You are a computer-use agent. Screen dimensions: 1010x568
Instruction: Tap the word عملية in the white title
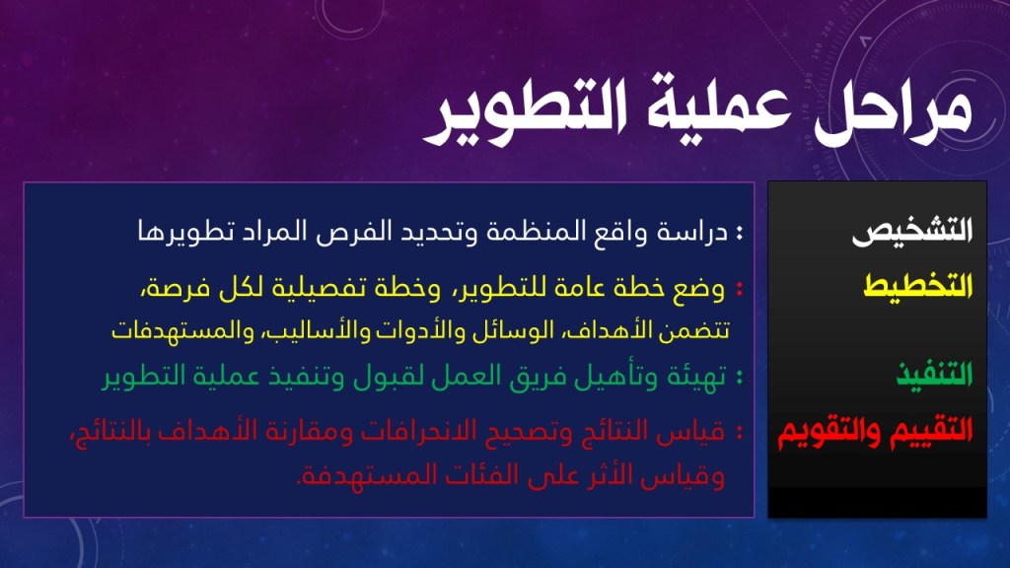[719, 109]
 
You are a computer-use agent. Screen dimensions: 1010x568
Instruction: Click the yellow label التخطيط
[918, 285]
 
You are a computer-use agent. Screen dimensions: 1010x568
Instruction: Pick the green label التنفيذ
[934, 374]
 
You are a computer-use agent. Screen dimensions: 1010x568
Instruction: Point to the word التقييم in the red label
[932, 431]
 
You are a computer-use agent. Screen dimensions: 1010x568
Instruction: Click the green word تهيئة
[696, 376]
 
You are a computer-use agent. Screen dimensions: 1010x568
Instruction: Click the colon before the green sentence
[739, 377]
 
